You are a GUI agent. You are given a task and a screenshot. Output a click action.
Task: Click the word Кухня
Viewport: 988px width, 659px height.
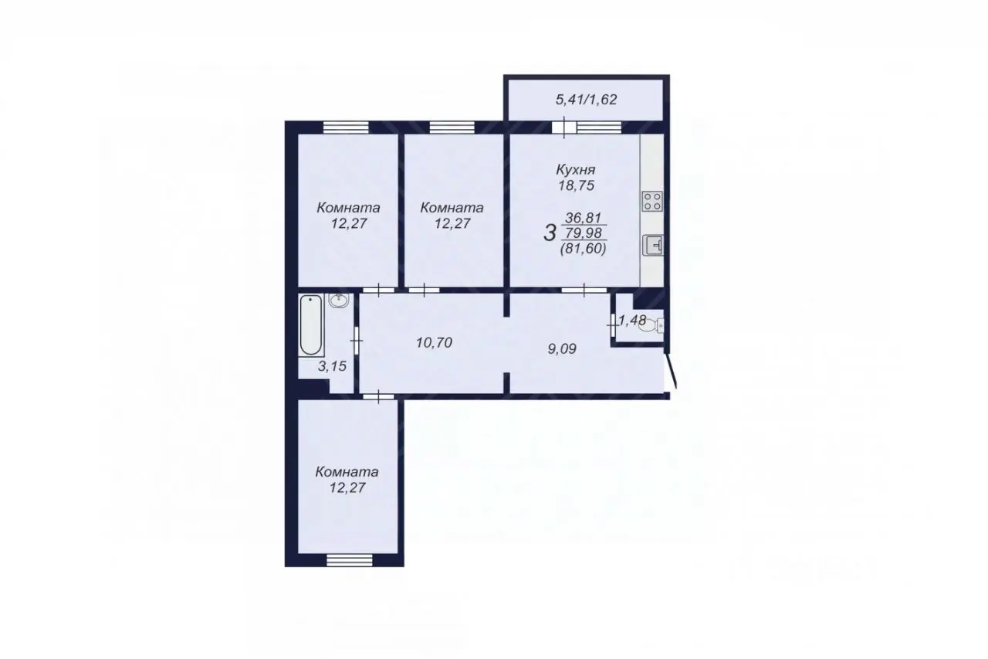pyautogui.click(x=576, y=169)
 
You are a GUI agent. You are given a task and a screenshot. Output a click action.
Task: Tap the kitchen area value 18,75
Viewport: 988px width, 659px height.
pyautogui.click(x=576, y=186)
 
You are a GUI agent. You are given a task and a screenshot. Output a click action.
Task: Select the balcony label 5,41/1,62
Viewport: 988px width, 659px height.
pyautogui.click(x=586, y=100)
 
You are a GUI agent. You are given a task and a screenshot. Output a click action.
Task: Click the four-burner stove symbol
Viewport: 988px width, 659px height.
pyautogui.click(x=652, y=200)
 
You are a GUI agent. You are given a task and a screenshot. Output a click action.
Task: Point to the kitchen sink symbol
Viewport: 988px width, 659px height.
pyautogui.click(x=653, y=246)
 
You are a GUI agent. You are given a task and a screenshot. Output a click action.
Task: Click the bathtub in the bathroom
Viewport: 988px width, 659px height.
pyautogui.click(x=311, y=325)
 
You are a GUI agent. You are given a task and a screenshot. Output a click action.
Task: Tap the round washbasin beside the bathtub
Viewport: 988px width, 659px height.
pyautogui.click(x=339, y=301)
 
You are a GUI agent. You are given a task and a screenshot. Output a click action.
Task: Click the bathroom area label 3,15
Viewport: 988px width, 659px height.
pyautogui.click(x=332, y=366)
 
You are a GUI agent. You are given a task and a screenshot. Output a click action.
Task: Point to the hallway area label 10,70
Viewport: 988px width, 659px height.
pyautogui.click(x=434, y=342)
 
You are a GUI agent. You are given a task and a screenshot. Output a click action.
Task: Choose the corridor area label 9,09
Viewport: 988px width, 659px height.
pyautogui.click(x=562, y=349)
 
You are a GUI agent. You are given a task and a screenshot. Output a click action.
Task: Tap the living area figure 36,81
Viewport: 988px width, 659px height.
pyautogui.click(x=584, y=218)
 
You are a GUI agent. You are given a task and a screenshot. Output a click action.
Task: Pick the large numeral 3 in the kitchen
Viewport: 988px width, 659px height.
pyautogui.click(x=550, y=233)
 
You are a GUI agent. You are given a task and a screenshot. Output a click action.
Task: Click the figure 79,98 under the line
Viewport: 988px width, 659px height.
pyautogui.click(x=584, y=233)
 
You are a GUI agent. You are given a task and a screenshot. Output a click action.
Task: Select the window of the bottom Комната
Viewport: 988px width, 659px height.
pyautogui.click(x=350, y=560)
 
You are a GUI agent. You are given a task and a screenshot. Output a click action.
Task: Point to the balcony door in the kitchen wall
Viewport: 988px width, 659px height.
pyautogui.click(x=564, y=127)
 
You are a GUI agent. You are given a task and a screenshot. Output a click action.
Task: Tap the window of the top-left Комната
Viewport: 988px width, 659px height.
pyautogui.click(x=346, y=127)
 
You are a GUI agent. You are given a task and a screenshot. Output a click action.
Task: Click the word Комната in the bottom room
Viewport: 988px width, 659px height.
pyautogui.click(x=347, y=472)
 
